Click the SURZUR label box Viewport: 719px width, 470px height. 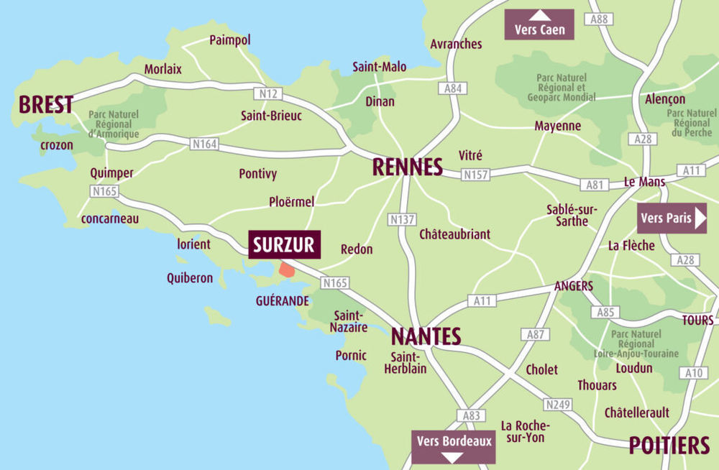click(x=284, y=245)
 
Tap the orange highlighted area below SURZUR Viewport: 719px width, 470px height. click(x=286, y=270)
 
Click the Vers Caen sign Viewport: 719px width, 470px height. click(x=539, y=24)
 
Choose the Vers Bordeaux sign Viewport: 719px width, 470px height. click(x=454, y=446)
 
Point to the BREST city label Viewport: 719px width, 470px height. click(x=46, y=105)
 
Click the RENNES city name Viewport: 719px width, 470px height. click(x=407, y=167)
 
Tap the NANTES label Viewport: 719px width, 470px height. click(x=426, y=336)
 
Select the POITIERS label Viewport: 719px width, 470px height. click(x=669, y=446)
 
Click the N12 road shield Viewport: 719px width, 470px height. click(x=268, y=93)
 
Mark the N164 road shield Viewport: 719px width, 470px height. click(x=204, y=144)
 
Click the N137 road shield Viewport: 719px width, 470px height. click(x=400, y=219)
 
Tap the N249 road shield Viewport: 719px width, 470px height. click(x=557, y=405)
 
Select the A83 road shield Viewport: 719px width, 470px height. click(x=471, y=415)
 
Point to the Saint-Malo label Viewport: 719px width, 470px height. click(x=379, y=67)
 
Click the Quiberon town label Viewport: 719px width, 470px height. click(x=190, y=277)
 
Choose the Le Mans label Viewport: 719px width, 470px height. click(x=644, y=182)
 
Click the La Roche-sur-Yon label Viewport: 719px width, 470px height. click(x=523, y=431)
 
